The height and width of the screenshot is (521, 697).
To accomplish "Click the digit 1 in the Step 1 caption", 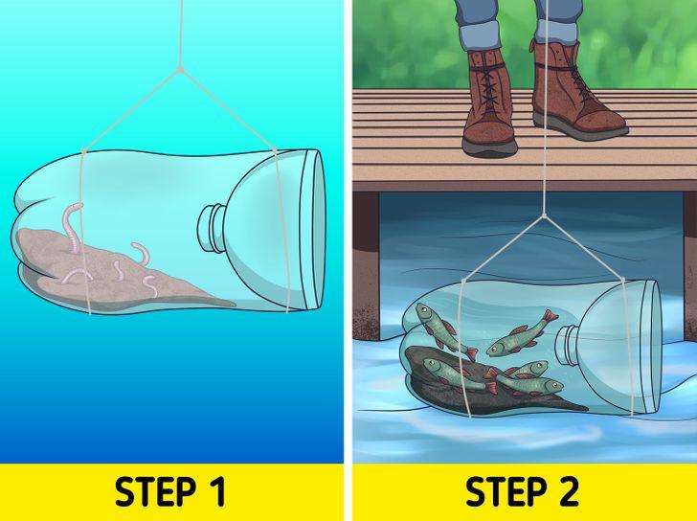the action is pyautogui.click(x=216, y=492).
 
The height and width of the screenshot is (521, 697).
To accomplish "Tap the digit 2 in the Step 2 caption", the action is pyautogui.click(x=567, y=491).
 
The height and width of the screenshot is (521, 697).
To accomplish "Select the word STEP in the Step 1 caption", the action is pyautogui.click(x=155, y=492).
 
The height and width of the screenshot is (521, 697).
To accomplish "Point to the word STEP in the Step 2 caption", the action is pyautogui.click(x=506, y=492).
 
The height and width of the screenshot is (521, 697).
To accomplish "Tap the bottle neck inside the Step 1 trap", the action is pyautogui.click(x=212, y=228).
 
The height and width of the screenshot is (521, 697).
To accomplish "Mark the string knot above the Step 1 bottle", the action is pyautogui.click(x=180, y=69).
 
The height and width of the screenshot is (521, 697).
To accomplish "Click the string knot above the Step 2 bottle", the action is pyautogui.click(x=544, y=215).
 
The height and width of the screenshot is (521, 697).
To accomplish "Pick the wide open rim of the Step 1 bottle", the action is pyautogui.click(x=312, y=230).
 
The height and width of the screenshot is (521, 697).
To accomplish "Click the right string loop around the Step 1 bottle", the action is pyautogui.click(x=281, y=231).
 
